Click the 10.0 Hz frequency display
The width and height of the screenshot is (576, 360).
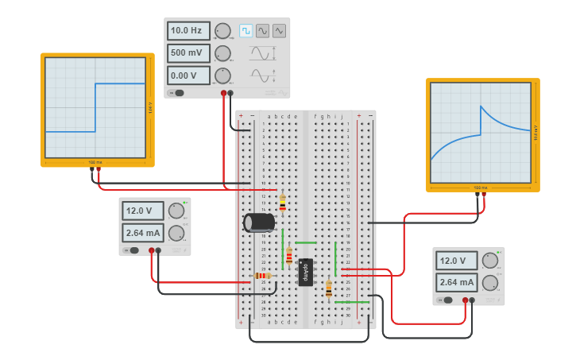pyautogui.click(x=188, y=31)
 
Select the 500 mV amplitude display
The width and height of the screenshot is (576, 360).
pyautogui.click(x=188, y=53)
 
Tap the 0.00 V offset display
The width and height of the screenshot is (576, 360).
pyautogui.click(x=188, y=75)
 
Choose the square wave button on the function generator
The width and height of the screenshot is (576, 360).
pyautogui.click(x=245, y=31)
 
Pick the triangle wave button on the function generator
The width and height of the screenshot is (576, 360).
pyautogui.click(x=279, y=31)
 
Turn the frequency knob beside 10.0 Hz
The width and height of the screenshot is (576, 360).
pyautogui.click(x=222, y=31)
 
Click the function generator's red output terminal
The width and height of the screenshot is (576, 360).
pyautogui.click(x=223, y=93)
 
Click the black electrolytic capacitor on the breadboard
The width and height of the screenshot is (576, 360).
pyautogui.click(x=259, y=223)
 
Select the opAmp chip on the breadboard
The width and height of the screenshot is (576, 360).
pyautogui.click(x=305, y=272)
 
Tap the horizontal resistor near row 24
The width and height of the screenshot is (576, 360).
pyautogui.click(x=261, y=276)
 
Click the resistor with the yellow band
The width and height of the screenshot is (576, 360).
pyautogui.click(x=282, y=203)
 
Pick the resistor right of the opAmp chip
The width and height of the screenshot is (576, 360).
pyautogui.click(x=328, y=288)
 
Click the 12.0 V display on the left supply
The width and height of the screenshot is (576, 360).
pyautogui.click(x=143, y=211)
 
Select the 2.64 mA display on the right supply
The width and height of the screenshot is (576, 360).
pyautogui.click(x=456, y=282)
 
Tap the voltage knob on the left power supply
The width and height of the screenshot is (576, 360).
pyautogui.click(x=176, y=211)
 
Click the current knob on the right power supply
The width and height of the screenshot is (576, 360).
pyautogui.click(x=489, y=282)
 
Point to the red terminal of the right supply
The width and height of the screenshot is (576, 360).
pyautogui.click(x=465, y=300)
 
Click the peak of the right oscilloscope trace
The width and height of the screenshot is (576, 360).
pyautogui.click(x=480, y=106)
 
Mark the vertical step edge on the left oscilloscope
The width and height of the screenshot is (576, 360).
pyautogui.click(x=95, y=107)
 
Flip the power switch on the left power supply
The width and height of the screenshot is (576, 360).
pyautogui.click(x=133, y=250)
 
